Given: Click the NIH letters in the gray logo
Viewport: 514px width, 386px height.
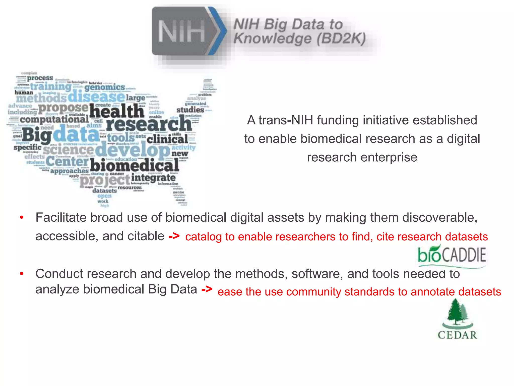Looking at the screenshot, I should point(181,31).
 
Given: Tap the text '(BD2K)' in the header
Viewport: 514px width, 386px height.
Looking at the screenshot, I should point(341,39).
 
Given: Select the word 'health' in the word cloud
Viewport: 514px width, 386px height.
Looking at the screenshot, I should point(117,111).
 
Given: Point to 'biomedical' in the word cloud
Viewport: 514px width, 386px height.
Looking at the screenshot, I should point(135,166).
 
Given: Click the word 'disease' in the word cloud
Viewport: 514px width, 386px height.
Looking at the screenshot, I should point(96,97).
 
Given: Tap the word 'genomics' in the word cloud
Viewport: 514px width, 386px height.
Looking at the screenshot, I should point(105,87).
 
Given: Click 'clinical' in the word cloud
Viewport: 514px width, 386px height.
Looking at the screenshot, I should point(167,139).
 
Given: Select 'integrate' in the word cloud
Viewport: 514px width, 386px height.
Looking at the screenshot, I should point(153,178).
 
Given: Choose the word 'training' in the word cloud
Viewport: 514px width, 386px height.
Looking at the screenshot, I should point(51,87).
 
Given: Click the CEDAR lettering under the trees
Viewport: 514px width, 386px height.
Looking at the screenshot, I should point(457,335).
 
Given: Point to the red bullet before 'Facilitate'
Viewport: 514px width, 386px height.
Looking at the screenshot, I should point(22,217).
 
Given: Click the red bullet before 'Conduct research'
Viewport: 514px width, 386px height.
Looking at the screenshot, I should point(22,273).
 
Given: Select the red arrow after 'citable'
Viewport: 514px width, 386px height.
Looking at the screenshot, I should point(174,236).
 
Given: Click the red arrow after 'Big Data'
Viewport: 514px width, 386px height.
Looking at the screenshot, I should point(207,289).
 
